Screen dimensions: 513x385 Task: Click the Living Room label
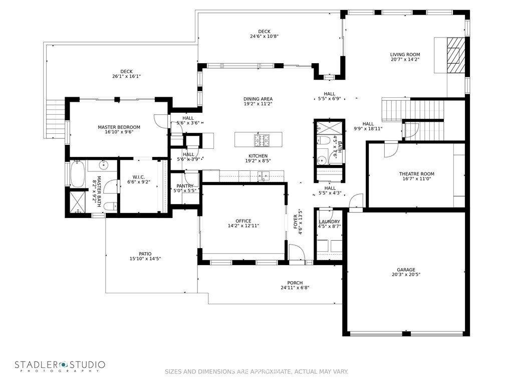point(405,55)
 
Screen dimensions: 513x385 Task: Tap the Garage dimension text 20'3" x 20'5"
point(406,275)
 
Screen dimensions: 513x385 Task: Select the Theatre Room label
point(416,174)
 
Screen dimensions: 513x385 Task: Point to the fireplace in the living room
point(456,55)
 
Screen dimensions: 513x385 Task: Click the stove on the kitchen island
point(262,140)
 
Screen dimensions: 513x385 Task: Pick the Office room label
point(243,221)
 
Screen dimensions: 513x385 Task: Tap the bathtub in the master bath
point(77,173)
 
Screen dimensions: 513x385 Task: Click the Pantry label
point(185,186)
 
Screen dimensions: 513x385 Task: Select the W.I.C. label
point(139,177)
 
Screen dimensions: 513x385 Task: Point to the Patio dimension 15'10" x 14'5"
point(145,259)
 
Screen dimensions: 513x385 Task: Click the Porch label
point(295,283)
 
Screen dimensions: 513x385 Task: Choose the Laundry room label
point(330,222)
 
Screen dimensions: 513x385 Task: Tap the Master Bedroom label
point(119,127)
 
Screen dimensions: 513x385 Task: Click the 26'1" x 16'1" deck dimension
point(126,76)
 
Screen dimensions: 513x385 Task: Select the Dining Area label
point(258,99)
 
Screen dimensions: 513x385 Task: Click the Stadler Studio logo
point(60,366)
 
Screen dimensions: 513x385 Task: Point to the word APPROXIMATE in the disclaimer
point(271,371)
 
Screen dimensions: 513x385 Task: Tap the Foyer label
point(296,222)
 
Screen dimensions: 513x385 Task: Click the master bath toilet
point(109,207)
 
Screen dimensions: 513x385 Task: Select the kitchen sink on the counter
point(264,176)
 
